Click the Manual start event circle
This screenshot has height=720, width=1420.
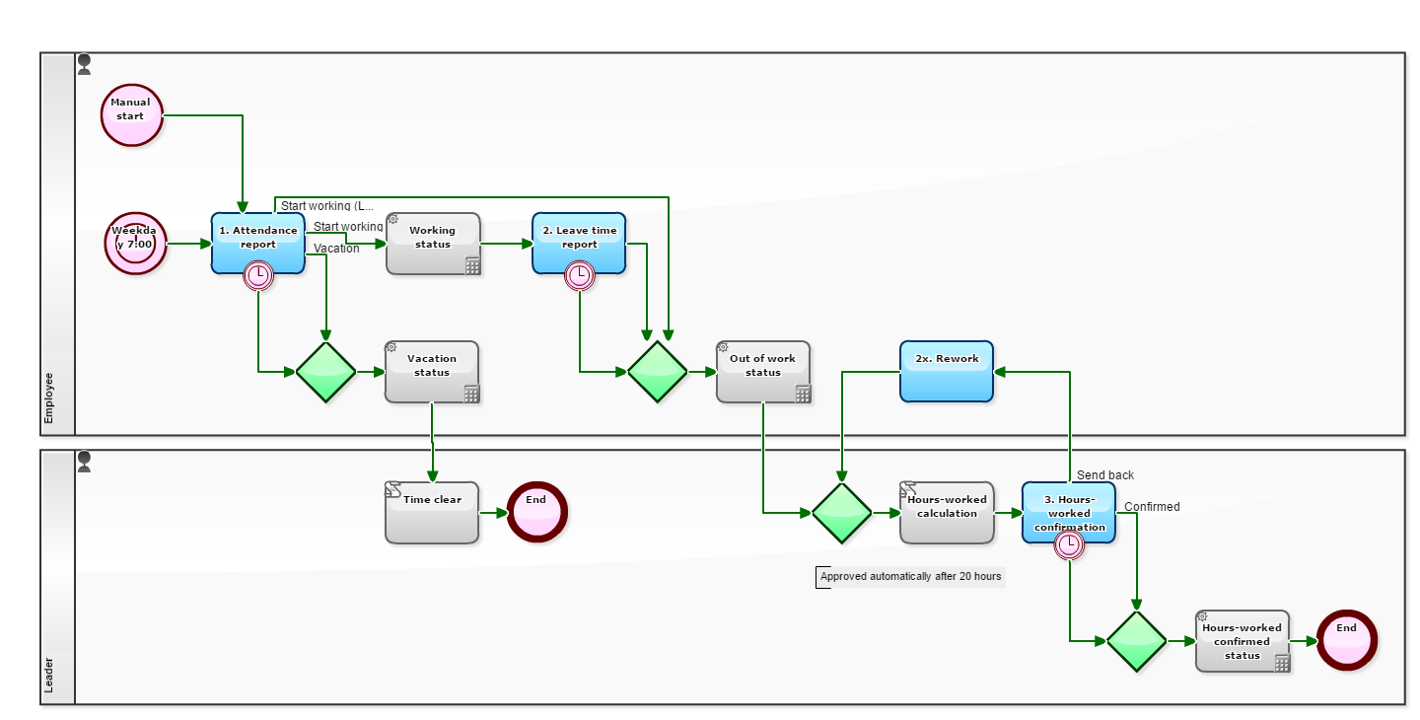click(131, 114)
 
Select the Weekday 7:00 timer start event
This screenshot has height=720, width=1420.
click(136, 243)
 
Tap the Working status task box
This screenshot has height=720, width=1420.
click(432, 243)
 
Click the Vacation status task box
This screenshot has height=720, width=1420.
click(431, 371)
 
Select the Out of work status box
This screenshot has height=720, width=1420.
click(762, 371)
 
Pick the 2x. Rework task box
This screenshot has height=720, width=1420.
click(946, 371)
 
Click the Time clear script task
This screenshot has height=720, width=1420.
click(431, 512)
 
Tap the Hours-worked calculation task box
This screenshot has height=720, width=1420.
click(947, 512)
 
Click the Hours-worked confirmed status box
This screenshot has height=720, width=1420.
click(1242, 640)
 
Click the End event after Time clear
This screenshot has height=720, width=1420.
click(537, 512)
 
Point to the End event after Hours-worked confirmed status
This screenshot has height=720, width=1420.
click(1346, 640)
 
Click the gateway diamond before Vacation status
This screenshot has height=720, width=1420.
click(325, 372)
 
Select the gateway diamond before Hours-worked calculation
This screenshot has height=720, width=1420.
click(841, 513)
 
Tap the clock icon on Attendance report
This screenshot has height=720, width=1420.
click(258, 275)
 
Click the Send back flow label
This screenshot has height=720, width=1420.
click(1104, 475)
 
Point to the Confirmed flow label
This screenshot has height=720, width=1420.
click(1152, 507)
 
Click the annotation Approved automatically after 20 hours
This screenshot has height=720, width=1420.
click(910, 577)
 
